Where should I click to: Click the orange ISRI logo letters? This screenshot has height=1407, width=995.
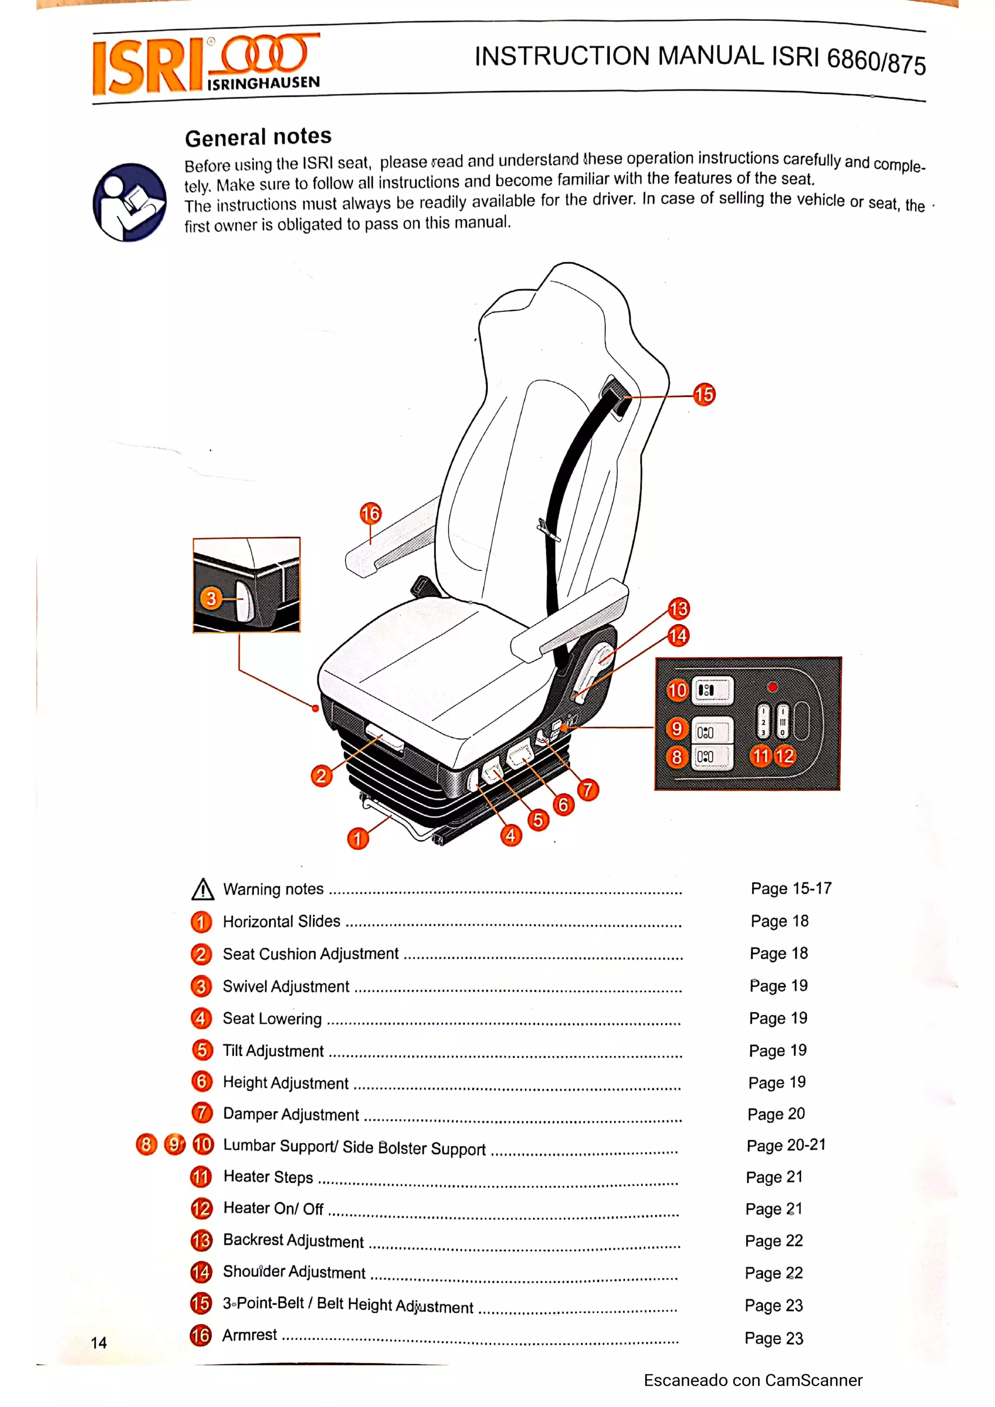click(x=147, y=66)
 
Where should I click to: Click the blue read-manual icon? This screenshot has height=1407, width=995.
click(x=129, y=202)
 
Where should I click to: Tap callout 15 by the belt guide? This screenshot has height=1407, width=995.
click(x=704, y=394)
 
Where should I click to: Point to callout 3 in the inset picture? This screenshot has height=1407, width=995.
click(x=211, y=598)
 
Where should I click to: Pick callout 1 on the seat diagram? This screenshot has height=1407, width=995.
click(x=358, y=838)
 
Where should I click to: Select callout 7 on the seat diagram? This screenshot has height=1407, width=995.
click(x=587, y=789)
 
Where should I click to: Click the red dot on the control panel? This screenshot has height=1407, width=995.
click(x=772, y=687)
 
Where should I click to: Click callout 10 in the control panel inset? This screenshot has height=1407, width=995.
click(x=677, y=690)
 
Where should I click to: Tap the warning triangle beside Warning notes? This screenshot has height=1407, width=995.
click(x=202, y=889)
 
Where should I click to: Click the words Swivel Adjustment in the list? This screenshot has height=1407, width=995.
click(x=286, y=986)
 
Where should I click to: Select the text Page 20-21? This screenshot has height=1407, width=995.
click(x=786, y=1145)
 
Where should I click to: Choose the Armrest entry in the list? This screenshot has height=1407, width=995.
click(x=250, y=1335)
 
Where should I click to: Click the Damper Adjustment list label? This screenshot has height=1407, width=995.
click(x=291, y=1114)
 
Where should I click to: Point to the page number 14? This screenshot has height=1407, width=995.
click(x=99, y=1342)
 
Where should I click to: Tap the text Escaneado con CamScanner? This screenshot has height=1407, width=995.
click(x=753, y=1380)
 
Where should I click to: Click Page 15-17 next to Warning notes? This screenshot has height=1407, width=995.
click(x=791, y=888)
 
